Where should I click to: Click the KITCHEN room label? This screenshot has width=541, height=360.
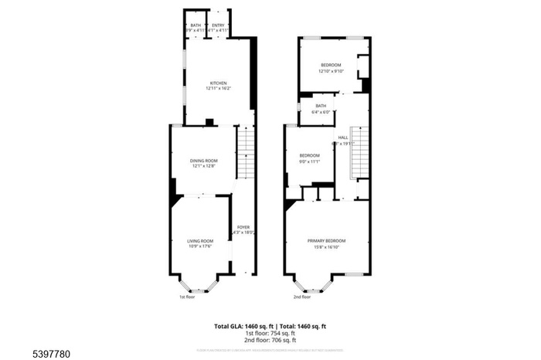point(218,83)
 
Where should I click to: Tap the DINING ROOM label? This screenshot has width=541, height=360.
point(204,160)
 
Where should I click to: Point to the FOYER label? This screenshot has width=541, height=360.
point(243,226)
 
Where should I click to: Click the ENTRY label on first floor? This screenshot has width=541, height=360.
point(219,25)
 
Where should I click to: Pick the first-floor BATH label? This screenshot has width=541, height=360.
point(195,25)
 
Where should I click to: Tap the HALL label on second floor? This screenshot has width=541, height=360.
point(342,137)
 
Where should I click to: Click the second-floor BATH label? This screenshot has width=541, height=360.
point(321,106)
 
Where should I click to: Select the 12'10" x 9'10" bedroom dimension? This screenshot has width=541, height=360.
point(331,72)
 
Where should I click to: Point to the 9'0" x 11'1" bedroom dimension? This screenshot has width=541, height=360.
point(309,161)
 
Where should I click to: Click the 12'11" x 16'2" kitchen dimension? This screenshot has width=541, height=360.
point(218,89)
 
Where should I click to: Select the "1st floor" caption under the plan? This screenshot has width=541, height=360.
point(187,297)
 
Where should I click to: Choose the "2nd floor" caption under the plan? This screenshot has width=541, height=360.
point(301,297)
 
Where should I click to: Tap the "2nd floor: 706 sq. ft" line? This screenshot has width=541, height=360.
point(270,340)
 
